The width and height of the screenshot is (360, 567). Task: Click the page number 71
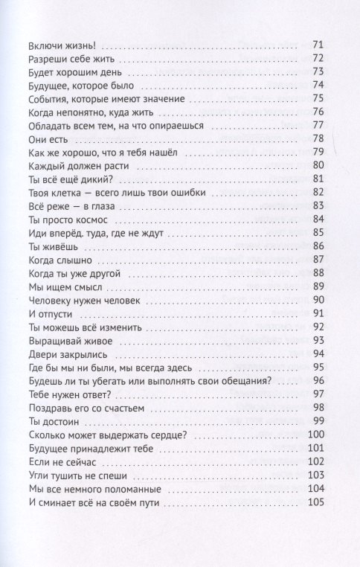[318, 45]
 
